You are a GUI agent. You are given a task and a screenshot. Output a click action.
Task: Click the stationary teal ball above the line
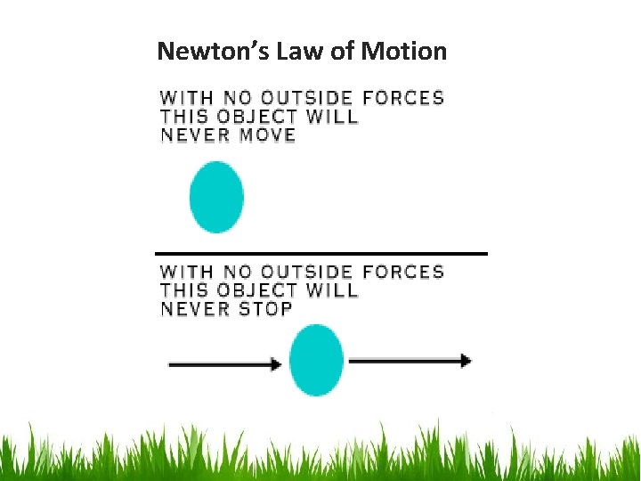216,197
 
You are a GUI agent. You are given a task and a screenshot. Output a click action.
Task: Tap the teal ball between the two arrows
317,361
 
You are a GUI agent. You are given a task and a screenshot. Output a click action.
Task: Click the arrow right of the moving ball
409,360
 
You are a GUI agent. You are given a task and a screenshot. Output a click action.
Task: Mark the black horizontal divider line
321,254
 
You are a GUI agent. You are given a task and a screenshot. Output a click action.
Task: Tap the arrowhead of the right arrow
465,360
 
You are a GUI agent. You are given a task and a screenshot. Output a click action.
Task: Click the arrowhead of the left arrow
275,363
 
